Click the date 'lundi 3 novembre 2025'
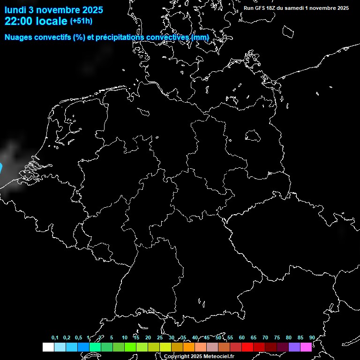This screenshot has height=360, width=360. pyautogui.click(x=54, y=9)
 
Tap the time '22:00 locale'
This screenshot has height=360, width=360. pyautogui.click(x=36, y=21)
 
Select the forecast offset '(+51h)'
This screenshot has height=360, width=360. pyautogui.click(x=81, y=21)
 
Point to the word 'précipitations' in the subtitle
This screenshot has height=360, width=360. pyautogui.click(x=120, y=37)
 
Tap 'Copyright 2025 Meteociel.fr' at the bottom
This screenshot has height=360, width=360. pyautogui.click(x=199, y=357)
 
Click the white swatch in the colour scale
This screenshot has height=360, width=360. pyautogui.click(x=48, y=347)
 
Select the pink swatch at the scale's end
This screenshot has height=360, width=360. pyautogui.click(x=306, y=347)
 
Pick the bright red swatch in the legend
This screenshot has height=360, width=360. pyautogui.click(x=247, y=347)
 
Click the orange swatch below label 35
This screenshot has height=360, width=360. pyautogui.click(x=189, y=347)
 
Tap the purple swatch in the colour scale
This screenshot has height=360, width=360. pyautogui.click(x=294, y=347)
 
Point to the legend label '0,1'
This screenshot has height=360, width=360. pyautogui.click(x=55, y=338)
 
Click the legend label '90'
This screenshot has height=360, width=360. pyautogui.click(x=312, y=338)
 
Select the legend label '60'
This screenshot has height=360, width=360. pyautogui.click(x=242, y=338)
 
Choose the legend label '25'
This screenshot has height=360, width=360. pyautogui.click(x=160, y=338)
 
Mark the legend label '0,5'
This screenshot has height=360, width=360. pyautogui.click(x=78, y=338)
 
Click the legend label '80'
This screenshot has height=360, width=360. pyautogui.click(x=289, y=338)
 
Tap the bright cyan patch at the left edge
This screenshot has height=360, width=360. pyautogui.click(x=1, y=167)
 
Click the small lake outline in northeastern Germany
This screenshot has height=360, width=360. pyautogui.click(x=253, y=135)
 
